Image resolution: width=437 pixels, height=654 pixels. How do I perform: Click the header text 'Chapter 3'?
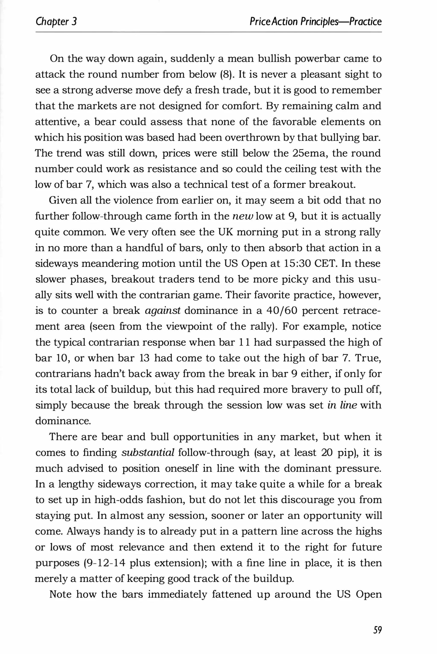tap(56, 22)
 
